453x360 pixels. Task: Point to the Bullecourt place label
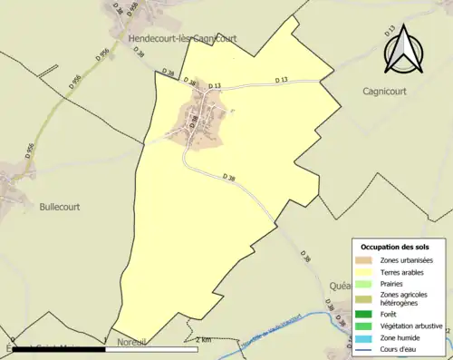(59, 207)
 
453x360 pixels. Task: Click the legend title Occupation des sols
(395, 247)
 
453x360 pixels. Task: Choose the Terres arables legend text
(405, 271)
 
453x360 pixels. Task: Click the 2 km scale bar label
(204, 339)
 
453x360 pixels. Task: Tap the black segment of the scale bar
(173, 346)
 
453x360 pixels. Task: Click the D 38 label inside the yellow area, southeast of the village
(229, 177)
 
